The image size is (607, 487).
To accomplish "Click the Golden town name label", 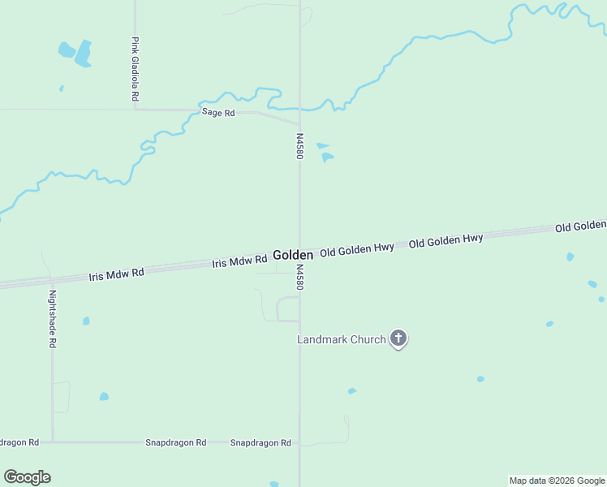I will (293, 255).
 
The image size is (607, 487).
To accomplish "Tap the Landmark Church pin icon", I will (398, 338).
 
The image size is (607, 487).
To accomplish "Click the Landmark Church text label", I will (341, 339).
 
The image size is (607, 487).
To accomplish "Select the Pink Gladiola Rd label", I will (136, 68).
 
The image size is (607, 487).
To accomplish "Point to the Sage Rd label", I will (218, 113).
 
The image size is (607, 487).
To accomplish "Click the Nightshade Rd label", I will (52, 319).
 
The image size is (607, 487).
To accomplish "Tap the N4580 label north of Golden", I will (299, 146).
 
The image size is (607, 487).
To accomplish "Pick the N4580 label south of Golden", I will (299, 277).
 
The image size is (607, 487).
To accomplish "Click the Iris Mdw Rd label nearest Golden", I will (239, 261).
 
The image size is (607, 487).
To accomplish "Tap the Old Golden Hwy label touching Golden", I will (357, 250).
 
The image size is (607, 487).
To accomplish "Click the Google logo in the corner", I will (27, 477).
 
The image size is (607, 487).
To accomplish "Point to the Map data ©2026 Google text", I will (557, 481).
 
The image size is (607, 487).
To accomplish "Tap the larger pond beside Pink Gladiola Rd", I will (83, 54).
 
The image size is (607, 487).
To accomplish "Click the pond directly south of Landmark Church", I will (351, 391).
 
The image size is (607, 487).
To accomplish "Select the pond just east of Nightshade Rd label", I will (86, 321).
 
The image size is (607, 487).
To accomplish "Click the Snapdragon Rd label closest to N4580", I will (260, 443).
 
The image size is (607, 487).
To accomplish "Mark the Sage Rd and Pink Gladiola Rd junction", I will (136, 109).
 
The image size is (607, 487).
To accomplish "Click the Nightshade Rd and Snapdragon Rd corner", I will (53, 442).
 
